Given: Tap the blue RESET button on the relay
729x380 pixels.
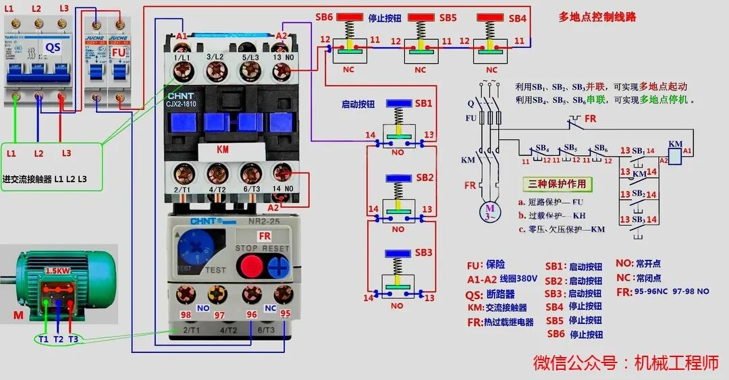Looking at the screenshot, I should (x=277, y=265).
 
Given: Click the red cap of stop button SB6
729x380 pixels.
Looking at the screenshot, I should (x=350, y=17).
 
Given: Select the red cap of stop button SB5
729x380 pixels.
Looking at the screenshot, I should (x=420, y=17).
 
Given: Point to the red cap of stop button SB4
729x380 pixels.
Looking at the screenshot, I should (x=491, y=17).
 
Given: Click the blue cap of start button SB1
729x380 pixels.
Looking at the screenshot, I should (x=399, y=103).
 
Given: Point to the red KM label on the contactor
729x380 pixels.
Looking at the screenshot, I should (x=223, y=150).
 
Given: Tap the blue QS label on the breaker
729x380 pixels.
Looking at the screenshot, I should (x=53, y=47).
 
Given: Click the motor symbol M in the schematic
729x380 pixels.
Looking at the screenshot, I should (x=491, y=209).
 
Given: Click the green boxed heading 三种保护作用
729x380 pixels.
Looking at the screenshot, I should (x=558, y=184).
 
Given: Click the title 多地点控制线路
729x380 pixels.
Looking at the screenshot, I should (x=597, y=17).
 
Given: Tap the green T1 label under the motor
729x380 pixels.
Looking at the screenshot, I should (x=43, y=339).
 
